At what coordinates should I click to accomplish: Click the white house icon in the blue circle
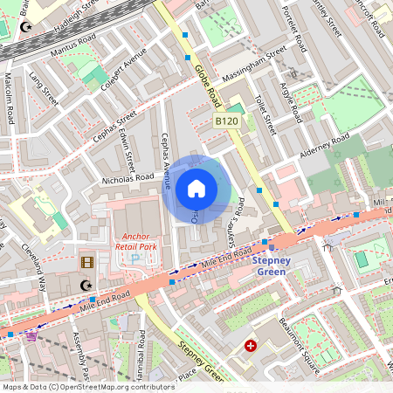tap(196, 188)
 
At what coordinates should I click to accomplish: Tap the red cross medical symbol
tap(252, 347)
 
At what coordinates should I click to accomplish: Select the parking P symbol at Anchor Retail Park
tap(134, 259)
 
